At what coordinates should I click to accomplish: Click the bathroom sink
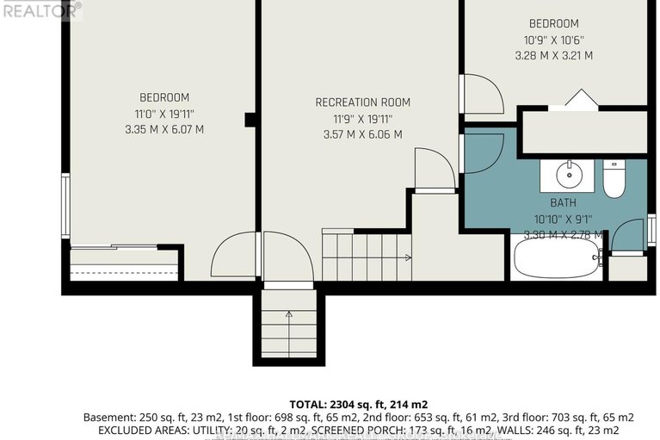click(x=567, y=176)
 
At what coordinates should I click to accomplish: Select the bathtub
click(x=556, y=258)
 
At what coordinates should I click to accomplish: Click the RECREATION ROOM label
click(x=360, y=102)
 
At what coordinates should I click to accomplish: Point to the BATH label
click(x=564, y=203)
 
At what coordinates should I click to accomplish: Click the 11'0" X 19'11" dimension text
click(x=163, y=114)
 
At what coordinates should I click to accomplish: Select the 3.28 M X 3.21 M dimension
click(x=553, y=55)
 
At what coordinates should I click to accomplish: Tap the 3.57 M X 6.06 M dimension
click(x=361, y=134)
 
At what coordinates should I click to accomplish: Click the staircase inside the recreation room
click(x=366, y=256)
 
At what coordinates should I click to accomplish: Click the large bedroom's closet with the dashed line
click(x=124, y=264)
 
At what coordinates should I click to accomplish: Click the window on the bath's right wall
click(x=651, y=232)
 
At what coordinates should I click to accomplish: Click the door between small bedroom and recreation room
click(x=480, y=94)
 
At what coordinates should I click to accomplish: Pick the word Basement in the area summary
click(x=108, y=417)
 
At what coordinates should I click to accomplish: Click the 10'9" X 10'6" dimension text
click(x=553, y=40)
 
